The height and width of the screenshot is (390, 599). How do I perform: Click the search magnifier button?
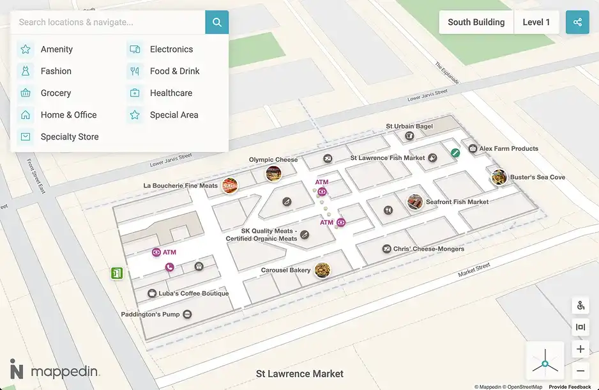coord(217,22)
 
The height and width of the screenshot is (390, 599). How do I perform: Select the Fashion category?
coord(56,71)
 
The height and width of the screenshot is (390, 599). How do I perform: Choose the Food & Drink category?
coord(174,71)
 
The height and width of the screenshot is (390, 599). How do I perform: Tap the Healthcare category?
coord(171,93)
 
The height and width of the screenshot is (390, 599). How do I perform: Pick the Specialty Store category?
coord(69,137)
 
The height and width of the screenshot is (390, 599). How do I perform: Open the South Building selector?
coord(476,22)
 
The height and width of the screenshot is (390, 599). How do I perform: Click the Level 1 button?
coord(536,22)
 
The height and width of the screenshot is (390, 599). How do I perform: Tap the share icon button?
coord(577,22)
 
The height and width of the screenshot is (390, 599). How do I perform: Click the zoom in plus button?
coord(580,349)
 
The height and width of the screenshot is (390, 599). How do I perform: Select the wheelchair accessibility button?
coord(580,306)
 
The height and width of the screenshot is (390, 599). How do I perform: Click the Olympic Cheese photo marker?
coord(273,173)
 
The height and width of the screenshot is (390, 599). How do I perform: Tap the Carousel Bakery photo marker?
coord(322,270)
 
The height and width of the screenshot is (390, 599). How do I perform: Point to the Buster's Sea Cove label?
coord(537,177)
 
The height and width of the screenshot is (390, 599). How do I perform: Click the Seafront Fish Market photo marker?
coord(416,202)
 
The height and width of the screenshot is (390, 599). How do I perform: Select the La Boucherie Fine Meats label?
coord(181,186)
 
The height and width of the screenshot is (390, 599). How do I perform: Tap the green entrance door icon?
coord(116,274)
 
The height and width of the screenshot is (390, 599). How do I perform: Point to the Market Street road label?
coord(474,270)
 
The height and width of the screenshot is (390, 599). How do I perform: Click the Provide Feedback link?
coord(570,387)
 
